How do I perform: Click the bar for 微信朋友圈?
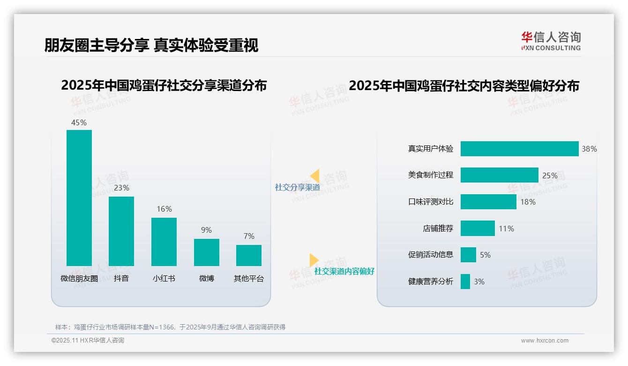point(79,198)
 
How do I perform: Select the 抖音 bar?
point(121,231)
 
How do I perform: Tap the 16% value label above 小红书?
point(164,209)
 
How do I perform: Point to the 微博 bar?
point(206,252)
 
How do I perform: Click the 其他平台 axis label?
point(249,278)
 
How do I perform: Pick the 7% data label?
point(249,236)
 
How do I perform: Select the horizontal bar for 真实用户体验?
point(519,149)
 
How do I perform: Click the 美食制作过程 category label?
point(431,175)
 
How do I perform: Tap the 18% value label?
point(528,202)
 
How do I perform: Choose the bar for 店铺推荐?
point(478,228)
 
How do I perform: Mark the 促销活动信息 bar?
point(468,255)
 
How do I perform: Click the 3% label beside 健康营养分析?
point(479,282)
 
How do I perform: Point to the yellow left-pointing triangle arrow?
point(315,175)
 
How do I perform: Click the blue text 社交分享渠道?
point(297,187)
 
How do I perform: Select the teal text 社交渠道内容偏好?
point(344,271)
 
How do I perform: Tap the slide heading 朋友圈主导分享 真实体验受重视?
point(151,45)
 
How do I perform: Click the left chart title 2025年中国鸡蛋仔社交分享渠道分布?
point(164,85)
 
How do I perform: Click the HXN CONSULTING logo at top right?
point(551,41)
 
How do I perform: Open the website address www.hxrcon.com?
point(545,341)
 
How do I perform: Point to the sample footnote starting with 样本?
point(170,327)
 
